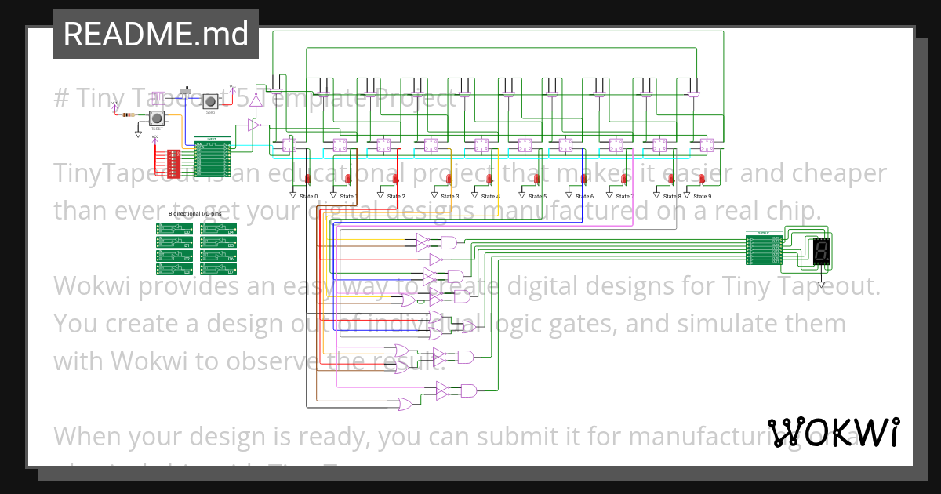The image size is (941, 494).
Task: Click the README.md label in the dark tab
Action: pos(155,35)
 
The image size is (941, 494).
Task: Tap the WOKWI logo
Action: pos(833,432)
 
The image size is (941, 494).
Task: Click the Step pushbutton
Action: pos(210,101)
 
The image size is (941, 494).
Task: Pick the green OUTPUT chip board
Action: pos(764,249)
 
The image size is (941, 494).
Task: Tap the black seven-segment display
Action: pos(822,251)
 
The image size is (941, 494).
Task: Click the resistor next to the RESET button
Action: pos(127,115)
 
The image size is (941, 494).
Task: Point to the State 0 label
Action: pos(307,196)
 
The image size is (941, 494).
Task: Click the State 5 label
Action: pos(537,196)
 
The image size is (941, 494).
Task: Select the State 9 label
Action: pos(703,196)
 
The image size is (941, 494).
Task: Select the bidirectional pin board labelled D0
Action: pos(174,229)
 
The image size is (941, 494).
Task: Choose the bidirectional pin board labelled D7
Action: pos(218,269)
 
